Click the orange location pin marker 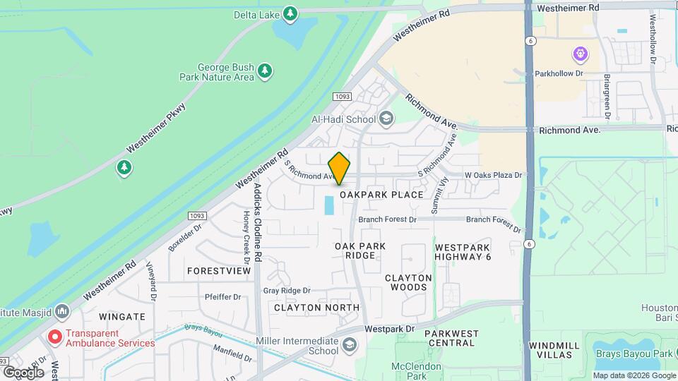coord(340,169)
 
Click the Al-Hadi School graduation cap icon coord(386,119)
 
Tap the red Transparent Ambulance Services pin coord(54,337)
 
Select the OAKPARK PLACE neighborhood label coord(381,195)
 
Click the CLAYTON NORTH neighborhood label coord(316,308)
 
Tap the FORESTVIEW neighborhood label coord(219,271)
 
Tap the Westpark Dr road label coord(389,329)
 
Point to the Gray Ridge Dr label coord(287,291)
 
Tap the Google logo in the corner coord(23,372)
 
